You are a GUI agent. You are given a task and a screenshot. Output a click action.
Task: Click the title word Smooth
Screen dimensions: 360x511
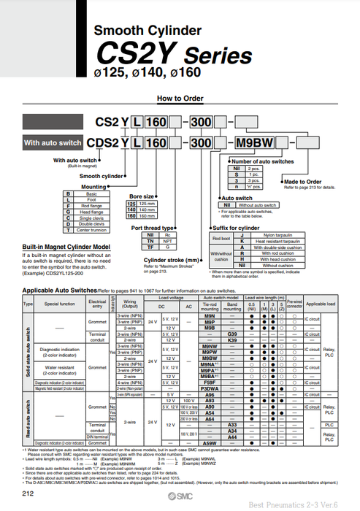(x=121, y=30)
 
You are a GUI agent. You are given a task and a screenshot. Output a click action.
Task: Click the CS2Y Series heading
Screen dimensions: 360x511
(x=175, y=55)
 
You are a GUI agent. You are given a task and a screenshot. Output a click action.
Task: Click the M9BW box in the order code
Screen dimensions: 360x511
(x=253, y=142)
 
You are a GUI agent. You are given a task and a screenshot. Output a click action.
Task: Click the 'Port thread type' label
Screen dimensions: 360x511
(x=152, y=228)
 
